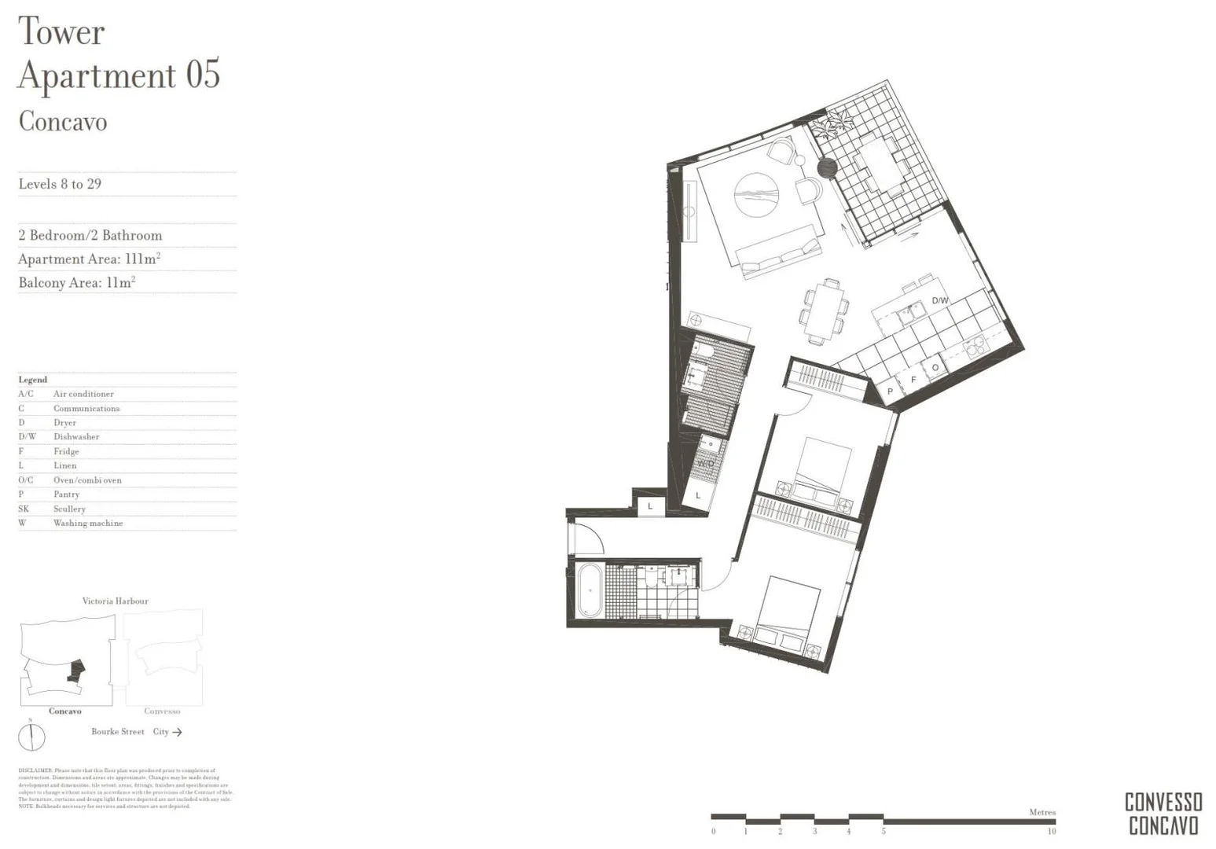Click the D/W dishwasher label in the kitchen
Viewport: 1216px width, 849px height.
939,300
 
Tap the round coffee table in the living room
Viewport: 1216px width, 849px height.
756,194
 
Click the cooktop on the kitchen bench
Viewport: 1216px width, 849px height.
975,345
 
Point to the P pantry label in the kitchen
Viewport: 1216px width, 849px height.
890,391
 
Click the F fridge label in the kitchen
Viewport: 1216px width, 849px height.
913,380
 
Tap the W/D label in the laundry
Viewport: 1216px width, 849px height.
705,463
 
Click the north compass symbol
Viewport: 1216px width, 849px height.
31,737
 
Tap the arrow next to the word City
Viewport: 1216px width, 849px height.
178,732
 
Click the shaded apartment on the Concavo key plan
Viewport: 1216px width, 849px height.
76,670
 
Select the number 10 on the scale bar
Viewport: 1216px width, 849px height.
1051,831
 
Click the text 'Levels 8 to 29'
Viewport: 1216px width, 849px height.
60,184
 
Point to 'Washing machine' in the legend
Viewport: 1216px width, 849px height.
88,523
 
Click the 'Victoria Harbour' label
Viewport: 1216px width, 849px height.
115,601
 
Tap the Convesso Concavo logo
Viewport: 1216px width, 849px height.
1163,814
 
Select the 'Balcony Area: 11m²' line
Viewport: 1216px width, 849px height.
77,283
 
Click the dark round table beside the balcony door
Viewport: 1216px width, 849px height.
826,167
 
